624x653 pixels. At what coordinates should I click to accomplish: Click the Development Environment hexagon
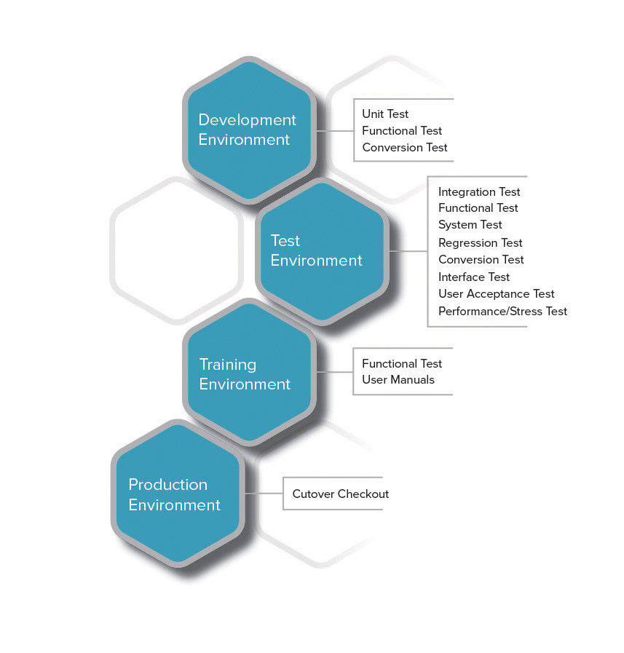[x=249, y=130]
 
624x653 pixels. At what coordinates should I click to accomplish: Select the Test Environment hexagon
[x=321, y=251]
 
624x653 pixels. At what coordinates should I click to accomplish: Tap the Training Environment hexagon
[x=249, y=373]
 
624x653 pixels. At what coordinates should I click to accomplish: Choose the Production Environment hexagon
[x=177, y=494]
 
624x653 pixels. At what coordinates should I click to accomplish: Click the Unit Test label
[x=385, y=114]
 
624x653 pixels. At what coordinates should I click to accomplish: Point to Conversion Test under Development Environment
[x=405, y=147]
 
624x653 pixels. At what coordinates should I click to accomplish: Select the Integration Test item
[x=479, y=191]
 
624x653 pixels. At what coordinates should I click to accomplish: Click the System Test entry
[x=470, y=225]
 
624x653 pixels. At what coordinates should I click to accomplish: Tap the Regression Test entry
[x=481, y=242]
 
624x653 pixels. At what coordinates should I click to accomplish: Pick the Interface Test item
[x=474, y=277]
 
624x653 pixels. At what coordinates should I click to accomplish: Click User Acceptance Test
[x=497, y=293]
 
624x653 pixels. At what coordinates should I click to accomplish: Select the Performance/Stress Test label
[x=502, y=311]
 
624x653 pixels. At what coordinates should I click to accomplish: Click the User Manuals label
[x=398, y=379]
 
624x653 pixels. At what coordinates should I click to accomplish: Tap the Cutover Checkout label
[x=341, y=494]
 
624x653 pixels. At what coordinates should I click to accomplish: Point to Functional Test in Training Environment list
[x=402, y=363]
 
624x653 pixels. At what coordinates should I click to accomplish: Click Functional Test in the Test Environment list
[x=478, y=208]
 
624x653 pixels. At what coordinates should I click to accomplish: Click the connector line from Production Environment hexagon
[x=264, y=494]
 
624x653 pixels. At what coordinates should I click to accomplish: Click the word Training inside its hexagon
[x=228, y=364]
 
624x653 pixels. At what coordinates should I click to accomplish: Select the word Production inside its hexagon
[x=168, y=485]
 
